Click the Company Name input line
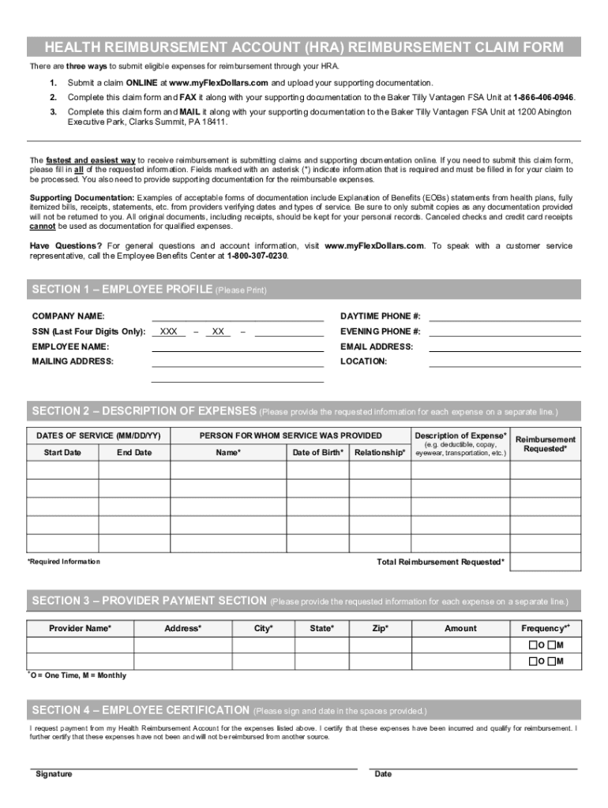pos(237,317)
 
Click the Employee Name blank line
pos(237,347)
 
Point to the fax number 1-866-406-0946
pos(543,97)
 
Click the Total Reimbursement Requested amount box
pos(546,562)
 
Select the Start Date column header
pos(62,452)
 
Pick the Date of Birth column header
pos(317,452)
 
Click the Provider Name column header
pos(80,628)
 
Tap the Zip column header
pos(380,628)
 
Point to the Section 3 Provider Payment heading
pos(148,600)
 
